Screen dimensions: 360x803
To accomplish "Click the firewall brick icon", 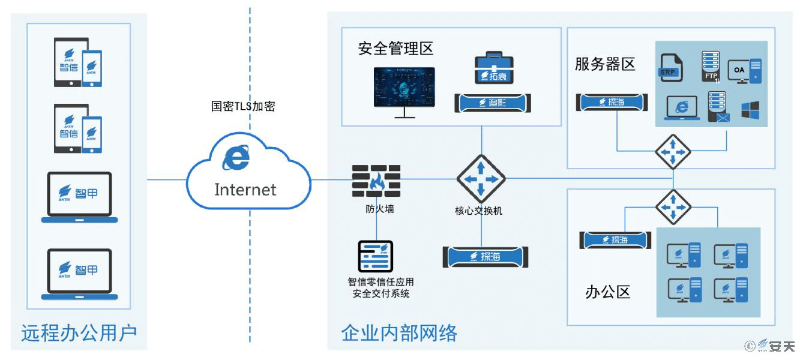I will pos(376,181).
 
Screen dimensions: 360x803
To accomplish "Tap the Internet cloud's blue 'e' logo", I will pos(236,158).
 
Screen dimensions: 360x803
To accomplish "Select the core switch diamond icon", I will pos(481,179).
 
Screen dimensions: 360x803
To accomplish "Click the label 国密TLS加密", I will pos(243,107).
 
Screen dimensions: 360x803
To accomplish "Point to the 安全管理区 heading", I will pos(395,49).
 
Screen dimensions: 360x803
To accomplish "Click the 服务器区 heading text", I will pos(605,64).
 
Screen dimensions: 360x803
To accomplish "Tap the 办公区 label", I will pos(608,292).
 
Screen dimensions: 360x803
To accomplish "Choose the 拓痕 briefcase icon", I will pos(495,68).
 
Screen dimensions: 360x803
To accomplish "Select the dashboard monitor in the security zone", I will pos(405,89).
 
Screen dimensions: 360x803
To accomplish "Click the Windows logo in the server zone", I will pos(750,110).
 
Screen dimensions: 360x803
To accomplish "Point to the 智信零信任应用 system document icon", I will pos(376,257).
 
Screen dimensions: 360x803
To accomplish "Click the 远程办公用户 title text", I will pos(79,332).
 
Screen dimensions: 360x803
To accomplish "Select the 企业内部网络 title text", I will pos(399,332).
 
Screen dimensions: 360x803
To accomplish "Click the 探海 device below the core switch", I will pos(487,257).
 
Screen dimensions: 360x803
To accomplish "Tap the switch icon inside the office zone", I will pos(673,207).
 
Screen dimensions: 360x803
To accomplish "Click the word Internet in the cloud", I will pos(245,190).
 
